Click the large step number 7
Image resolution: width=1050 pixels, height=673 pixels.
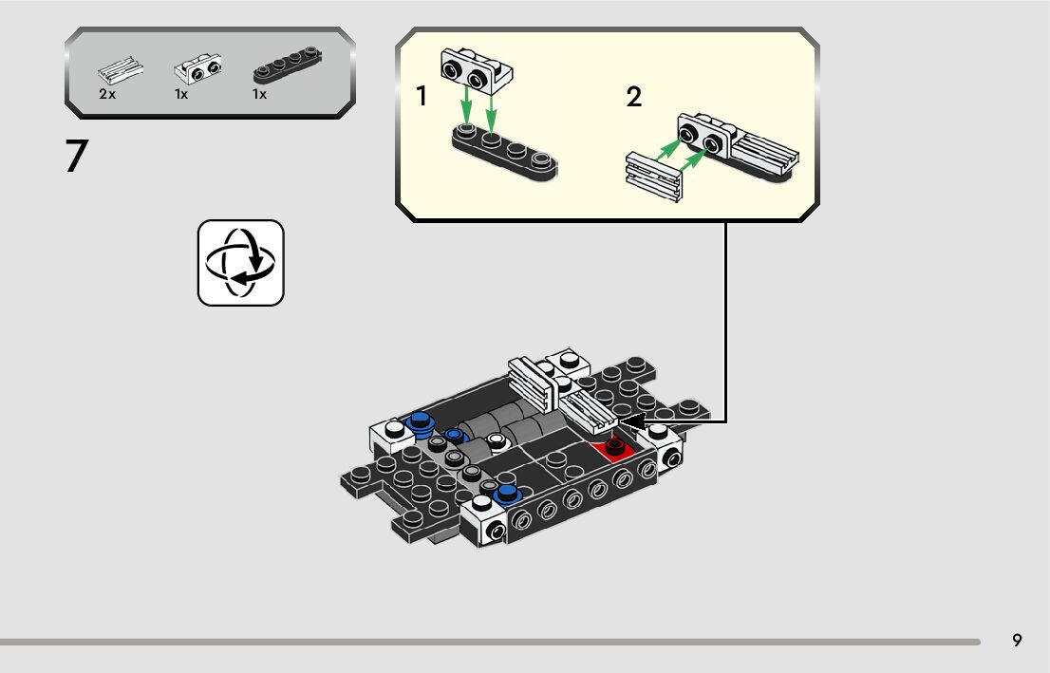pos(77,157)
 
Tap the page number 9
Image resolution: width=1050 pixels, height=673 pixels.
pos(1017,641)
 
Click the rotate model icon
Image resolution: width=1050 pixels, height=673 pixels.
pos(241,263)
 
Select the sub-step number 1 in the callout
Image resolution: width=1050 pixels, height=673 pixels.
pos(422,97)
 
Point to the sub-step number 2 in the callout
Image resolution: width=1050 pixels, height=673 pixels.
pos(634,97)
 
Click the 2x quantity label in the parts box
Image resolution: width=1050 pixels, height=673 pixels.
pos(106,95)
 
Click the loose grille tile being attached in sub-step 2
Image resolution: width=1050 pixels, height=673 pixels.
pos(655,178)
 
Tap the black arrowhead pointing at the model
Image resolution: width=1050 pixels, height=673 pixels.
pos(633,420)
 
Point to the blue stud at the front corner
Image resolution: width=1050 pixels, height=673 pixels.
pos(508,493)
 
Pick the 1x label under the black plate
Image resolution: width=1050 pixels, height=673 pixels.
pos(259,95)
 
